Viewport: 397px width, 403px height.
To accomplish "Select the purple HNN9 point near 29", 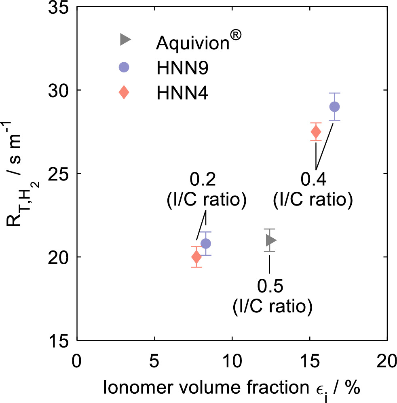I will pos(334,107).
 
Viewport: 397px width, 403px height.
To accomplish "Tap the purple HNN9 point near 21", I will pos(206,244).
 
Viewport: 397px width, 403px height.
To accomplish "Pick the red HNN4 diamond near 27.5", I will pos(316,132).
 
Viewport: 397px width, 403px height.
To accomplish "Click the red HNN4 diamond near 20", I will pos(196,257).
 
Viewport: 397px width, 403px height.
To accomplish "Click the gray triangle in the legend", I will pos(125,39).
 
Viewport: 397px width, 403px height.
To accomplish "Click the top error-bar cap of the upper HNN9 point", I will pos(334,93).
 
